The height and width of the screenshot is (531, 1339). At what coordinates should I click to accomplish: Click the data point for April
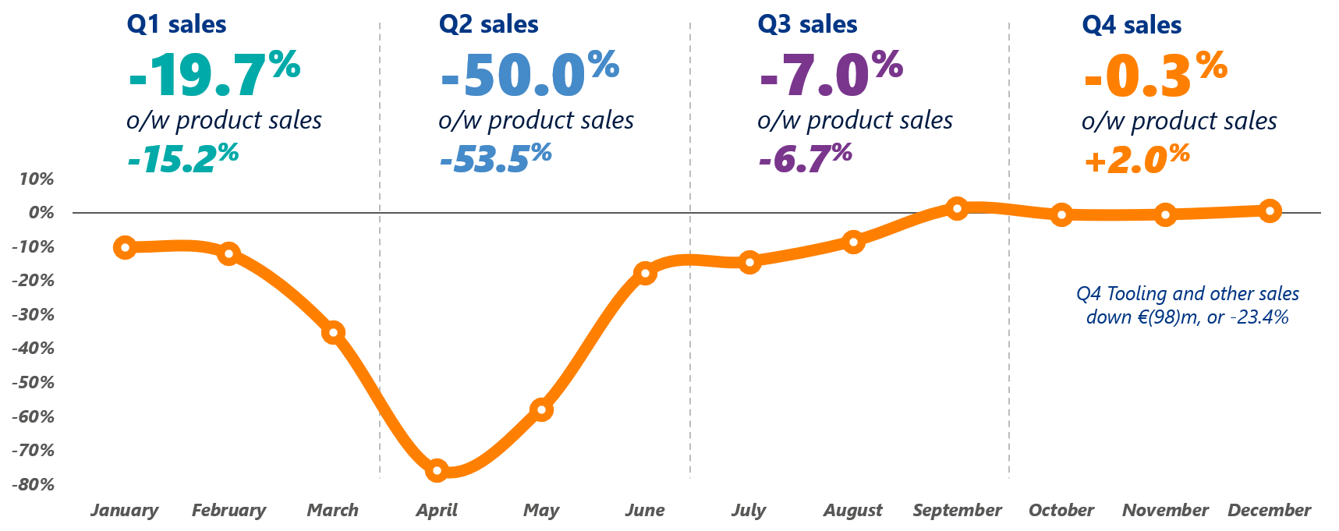coord(437,470)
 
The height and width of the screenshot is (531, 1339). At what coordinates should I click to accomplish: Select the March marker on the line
coord(333,333)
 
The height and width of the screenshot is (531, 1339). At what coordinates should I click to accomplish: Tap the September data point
coord(957,208)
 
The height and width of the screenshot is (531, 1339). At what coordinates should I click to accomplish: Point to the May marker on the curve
coord(541,409)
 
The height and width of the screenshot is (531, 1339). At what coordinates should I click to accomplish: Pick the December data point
coord(1270,211)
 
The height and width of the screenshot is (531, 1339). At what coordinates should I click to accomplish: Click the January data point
coord(125,248)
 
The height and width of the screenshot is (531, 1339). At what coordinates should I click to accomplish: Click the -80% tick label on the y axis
coord(34,484)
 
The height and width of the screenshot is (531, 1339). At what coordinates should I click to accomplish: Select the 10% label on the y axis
coord(37,179)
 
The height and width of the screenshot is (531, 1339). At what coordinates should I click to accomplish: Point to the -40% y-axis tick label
coord(34,349)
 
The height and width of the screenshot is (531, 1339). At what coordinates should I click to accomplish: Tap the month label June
coord(645,511)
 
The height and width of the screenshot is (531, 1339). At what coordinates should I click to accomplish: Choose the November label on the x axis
coord(1165,511)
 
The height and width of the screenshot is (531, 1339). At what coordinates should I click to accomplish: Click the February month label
coord(228,511)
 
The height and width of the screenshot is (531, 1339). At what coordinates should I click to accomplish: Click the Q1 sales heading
coord(176,25)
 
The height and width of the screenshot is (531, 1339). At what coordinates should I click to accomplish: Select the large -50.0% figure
coord(529,74)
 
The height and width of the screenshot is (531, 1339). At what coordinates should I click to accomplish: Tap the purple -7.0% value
coord(830,74)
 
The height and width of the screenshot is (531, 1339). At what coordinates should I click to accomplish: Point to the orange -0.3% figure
coord(1155,74)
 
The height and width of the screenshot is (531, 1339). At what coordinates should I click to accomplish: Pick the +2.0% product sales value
coord(1136,159)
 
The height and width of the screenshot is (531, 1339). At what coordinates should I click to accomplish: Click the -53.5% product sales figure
coord(495,158)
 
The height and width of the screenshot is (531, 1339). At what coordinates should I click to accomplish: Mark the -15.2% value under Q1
coord(182,158)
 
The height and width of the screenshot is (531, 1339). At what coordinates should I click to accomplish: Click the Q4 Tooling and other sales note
coord(1187,305)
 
